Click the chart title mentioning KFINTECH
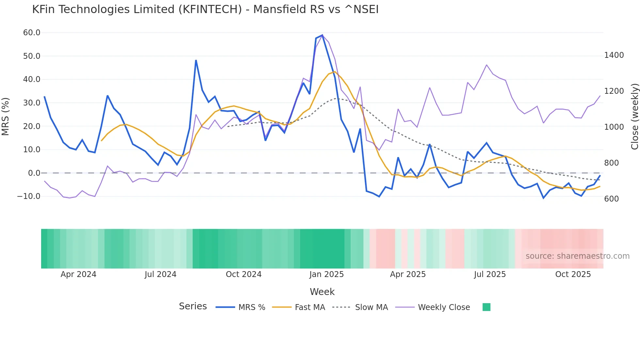tap(205, 9)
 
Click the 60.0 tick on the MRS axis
tap(32, 33)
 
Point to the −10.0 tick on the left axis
tap(29, 196)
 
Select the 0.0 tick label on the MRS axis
tap(34, 173)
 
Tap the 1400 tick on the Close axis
tap(614, 55)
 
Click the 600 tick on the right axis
tap(611, 199)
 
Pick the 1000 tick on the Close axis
tap(614, 127)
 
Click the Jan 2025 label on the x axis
tap(327, 274)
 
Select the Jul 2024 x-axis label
tap(160, 274)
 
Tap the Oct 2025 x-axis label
tap(573, 274)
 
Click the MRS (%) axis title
tap(6, 116)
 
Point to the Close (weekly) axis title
tap(634, 117)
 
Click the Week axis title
tap(322, 292)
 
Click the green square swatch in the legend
tap(486, 307)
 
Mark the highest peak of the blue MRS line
tap(322, 35)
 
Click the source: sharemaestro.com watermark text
tap(577, 256)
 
